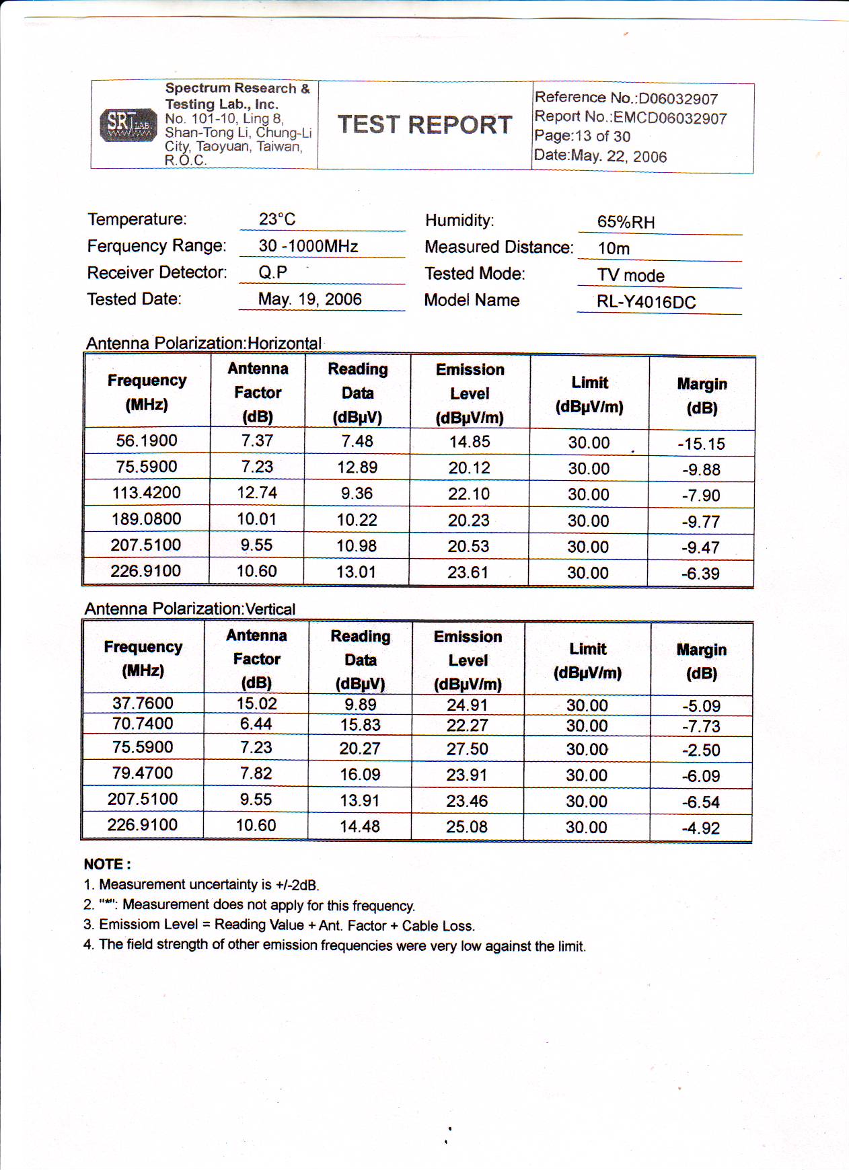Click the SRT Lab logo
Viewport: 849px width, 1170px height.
point(128,125)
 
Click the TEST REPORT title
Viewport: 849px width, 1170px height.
point(424,125)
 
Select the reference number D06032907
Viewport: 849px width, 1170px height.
point(678,100)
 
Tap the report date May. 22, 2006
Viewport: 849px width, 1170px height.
point(618,157)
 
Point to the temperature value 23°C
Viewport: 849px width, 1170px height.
point(277,220)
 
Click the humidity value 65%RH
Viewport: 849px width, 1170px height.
point(626,223)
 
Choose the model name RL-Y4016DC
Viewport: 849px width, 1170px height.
point(646,303)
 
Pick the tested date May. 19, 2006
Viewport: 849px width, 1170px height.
point(310,300)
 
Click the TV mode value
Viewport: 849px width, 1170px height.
point(630,276)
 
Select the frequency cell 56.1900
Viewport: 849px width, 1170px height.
point(147,441)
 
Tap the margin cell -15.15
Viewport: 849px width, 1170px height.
point(701,444)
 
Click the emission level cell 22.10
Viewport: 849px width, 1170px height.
point(469,494)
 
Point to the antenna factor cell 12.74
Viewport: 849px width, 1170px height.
point(257,493)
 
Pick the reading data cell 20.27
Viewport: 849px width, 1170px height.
point(360,748)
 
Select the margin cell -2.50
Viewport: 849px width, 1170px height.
point(701,750)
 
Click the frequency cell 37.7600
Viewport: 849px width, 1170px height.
point(143,703)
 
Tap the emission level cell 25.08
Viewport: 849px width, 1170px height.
point(467,827)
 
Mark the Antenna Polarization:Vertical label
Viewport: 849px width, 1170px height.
point(190,609)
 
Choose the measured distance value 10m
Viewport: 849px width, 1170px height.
point(614,249)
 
